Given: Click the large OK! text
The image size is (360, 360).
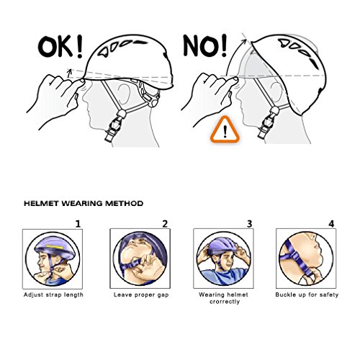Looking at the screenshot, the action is (x=60, y=46).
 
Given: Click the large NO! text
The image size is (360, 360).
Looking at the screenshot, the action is (x=205, y=45).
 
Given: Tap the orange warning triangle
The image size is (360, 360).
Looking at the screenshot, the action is (x=225, y=130).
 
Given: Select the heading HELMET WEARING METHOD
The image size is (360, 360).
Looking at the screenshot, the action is (x=84, y=204).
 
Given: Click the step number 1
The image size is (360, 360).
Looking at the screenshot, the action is (x=78, y=224).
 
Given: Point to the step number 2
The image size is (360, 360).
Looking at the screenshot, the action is (x=165, y=224).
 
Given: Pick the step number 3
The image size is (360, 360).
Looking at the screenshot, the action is (x=250, y=224).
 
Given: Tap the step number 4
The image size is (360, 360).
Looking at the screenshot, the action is (x=331, y=224).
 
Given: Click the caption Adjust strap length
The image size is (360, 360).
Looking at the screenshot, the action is (x=53, y=295).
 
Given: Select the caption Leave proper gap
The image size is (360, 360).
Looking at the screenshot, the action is (x=141, y=295).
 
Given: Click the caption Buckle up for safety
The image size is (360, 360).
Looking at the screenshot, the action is (x=307, y=294).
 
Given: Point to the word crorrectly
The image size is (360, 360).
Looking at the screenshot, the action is (x=225, y=302).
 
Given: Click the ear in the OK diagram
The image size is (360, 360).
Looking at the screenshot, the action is (x=125, y=94).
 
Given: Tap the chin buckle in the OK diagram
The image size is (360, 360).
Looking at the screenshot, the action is (x=114, y=126).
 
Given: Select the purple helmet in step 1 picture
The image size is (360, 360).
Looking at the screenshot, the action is (x=55, y=248).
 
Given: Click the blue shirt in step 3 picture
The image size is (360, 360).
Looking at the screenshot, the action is (x=223, y=276).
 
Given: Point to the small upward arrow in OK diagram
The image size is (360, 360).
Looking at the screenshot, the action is (x=70, y=73).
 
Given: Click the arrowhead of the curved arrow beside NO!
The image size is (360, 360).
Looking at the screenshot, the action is (x=244, y=42).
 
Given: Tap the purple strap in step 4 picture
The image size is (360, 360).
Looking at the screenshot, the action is (x=297, y=259).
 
